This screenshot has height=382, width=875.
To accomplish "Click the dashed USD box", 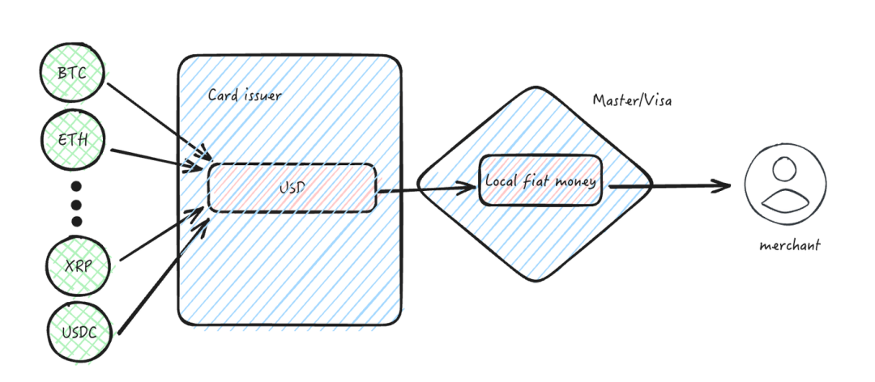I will point(292,188).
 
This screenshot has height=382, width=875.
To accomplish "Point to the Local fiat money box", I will point(540,180).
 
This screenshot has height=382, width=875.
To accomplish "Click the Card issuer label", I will point(245,95).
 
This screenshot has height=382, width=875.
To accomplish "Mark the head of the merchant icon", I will point(783,170).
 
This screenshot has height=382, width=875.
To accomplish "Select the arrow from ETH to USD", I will point(154,159).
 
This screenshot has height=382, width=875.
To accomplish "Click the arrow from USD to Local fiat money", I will point(425,189).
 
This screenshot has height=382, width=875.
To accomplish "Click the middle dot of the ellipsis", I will point(76,202).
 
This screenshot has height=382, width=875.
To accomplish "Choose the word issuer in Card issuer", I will point(260,95).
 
